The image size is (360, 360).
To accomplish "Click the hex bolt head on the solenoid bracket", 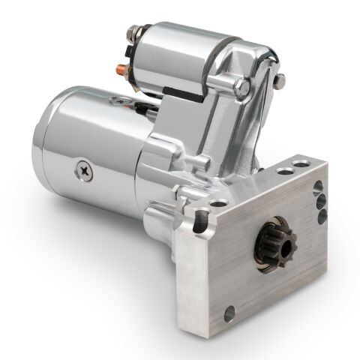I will click(241, 88).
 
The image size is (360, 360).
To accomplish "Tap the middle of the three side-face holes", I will click(321, 201).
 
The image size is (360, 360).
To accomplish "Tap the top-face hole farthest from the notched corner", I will click(301, 162).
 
